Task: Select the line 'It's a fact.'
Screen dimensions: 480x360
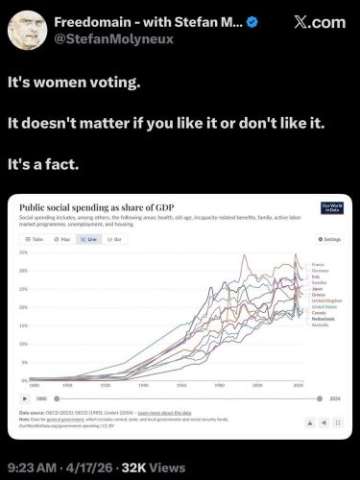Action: pos(57,163)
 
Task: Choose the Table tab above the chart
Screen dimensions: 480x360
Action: pos(36,238)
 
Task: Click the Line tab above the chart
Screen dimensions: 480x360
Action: pos(93,238)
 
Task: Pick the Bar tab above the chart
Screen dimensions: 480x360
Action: pos(120,238)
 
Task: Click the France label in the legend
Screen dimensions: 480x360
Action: pos(318,264)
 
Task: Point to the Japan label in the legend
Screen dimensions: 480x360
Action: pos(317,288)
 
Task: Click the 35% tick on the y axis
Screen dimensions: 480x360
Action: pos(23,252)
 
